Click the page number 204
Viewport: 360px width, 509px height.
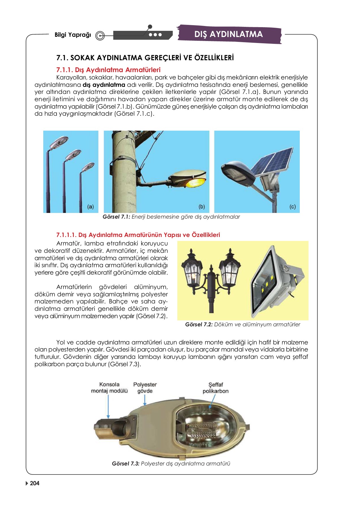point(35,483)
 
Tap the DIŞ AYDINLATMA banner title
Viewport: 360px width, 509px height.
point(228,34)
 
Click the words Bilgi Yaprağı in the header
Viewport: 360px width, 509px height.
point(73,35)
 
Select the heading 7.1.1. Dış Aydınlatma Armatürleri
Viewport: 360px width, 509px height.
point(108,70)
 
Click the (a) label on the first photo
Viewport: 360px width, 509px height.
point(90,207)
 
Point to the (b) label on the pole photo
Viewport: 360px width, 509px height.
point(202,207)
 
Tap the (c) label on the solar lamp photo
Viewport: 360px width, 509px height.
point(292,207)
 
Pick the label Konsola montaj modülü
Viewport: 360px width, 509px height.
point(109,388)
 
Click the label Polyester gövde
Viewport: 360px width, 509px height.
point(145,388)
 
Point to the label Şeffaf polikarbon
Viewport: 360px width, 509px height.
point(215,388)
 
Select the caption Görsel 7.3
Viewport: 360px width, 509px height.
point(171,463)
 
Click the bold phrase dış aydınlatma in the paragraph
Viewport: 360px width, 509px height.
point(104,85)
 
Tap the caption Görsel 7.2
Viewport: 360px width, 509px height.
point(242,325)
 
